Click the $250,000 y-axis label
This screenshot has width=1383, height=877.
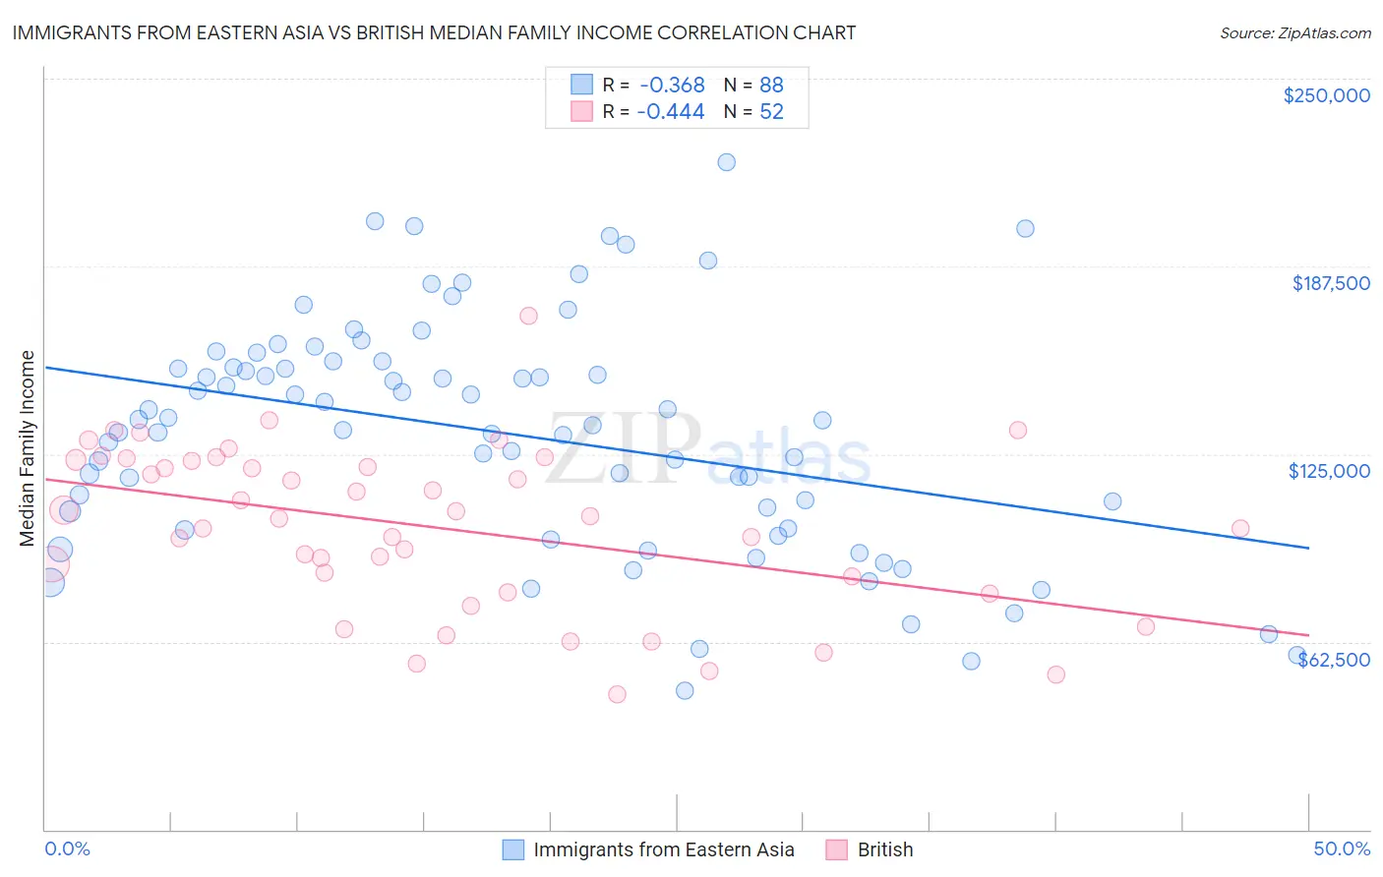tap(1326, 95)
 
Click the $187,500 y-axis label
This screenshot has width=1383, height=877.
tap(1330, 283)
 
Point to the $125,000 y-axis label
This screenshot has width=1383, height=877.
tap(1329, 471)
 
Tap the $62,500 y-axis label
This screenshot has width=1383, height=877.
tap(1334, 660)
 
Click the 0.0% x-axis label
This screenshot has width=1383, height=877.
tap(67, 848)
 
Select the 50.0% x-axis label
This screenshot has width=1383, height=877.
tap(1342, 848)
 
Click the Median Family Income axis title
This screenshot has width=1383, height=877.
tap(28, 448)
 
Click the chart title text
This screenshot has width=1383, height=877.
tap(434, 32)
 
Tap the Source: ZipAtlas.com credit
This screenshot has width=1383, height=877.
tap(1294, 32)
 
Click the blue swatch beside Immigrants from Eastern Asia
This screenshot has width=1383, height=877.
tap(513, 849)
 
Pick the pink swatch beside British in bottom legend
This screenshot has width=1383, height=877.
tap(837, 849)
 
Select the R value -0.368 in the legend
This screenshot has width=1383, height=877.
tap(672, 86)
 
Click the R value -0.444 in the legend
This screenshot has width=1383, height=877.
tap(671, 112)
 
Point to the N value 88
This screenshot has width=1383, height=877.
tap(771, 86)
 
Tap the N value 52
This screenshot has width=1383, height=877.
tap(771, 112)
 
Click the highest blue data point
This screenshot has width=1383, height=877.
tap(726, 162)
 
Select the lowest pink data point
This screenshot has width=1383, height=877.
tap(617, 694)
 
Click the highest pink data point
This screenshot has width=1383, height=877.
tap(528, 316)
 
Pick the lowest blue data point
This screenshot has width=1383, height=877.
tap(685, 690)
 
